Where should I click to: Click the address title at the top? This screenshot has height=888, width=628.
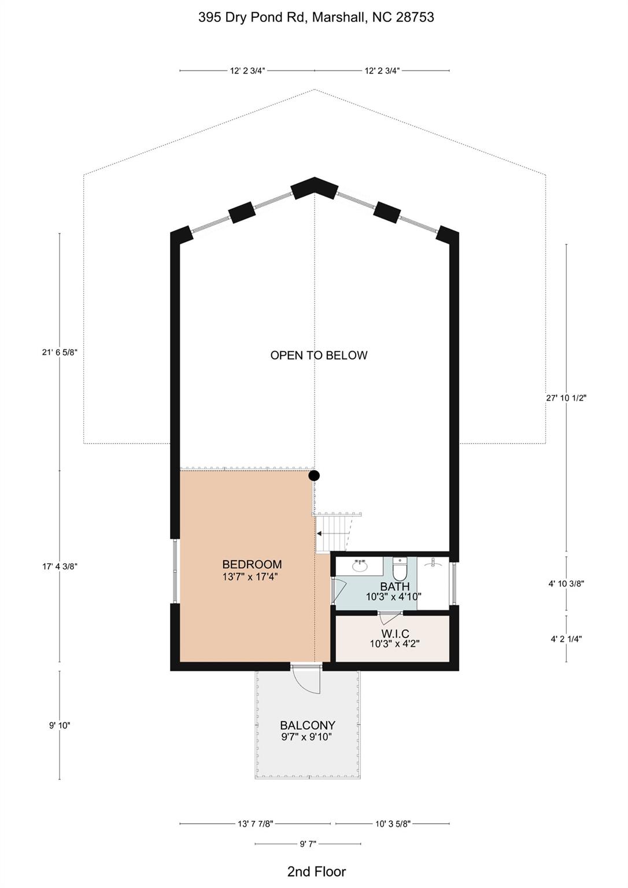[x=316, y=17]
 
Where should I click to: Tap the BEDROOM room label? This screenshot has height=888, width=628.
[x=252, y=564]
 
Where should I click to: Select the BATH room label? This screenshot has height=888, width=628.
[x=395, y=586]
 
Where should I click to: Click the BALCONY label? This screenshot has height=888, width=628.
[x=308, y=726]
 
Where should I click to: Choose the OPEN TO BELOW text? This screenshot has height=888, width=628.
[x=319, y=355]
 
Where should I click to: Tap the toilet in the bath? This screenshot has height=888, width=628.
[x=399, y=569]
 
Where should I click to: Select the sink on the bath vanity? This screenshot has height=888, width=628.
[x=360, y=567]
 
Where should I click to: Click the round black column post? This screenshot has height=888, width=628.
[x=314, y=475]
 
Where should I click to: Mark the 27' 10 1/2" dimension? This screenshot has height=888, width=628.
[x=566, y=398]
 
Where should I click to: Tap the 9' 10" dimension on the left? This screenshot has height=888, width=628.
[x=60, y=726]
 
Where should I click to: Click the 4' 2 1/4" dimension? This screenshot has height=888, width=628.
[x=566, y=639]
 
